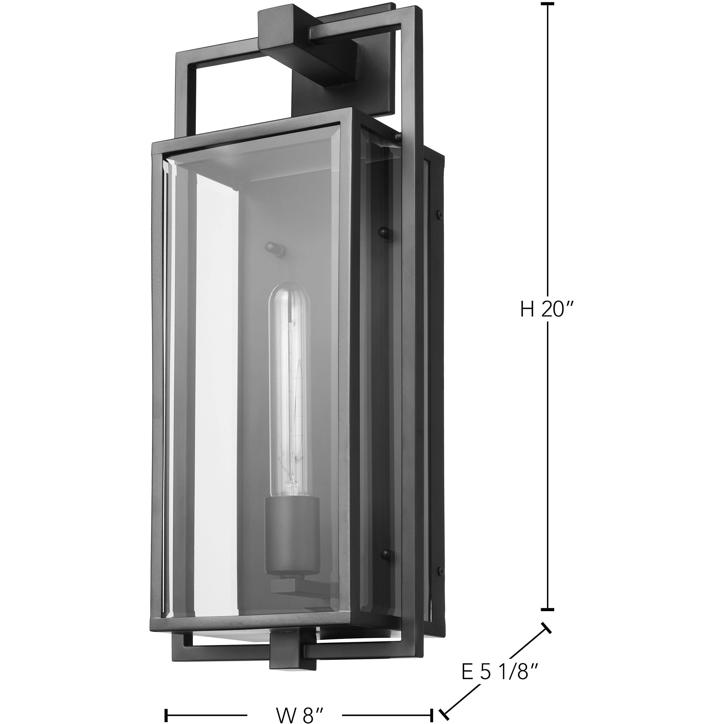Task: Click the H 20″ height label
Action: [x=547, y=310]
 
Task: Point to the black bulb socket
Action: [x=292, y=521]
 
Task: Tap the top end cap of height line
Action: [x=547, y=4]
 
